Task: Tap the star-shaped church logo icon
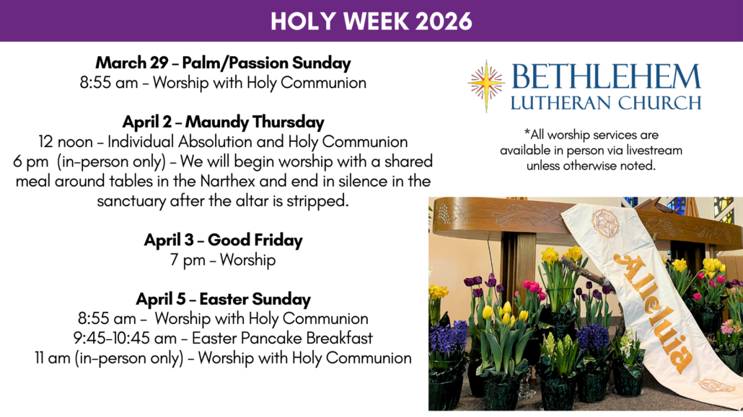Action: click(486, 86)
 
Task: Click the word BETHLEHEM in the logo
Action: click(606, 77)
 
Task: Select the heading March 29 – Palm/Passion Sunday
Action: click(223, 63)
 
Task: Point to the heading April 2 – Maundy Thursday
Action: click(223, 122)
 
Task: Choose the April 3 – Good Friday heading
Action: click(223, 241)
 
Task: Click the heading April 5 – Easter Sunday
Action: click(223, 300)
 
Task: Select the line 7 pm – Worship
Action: click(223, 260)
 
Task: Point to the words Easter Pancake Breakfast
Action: click(282, 338)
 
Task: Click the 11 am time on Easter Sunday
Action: click(52, 358)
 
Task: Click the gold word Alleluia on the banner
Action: click(654, 313)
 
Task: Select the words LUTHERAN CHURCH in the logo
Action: click(606, 103)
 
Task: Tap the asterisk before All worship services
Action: click(527, 132)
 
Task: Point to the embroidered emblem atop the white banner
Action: click(605, 223)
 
